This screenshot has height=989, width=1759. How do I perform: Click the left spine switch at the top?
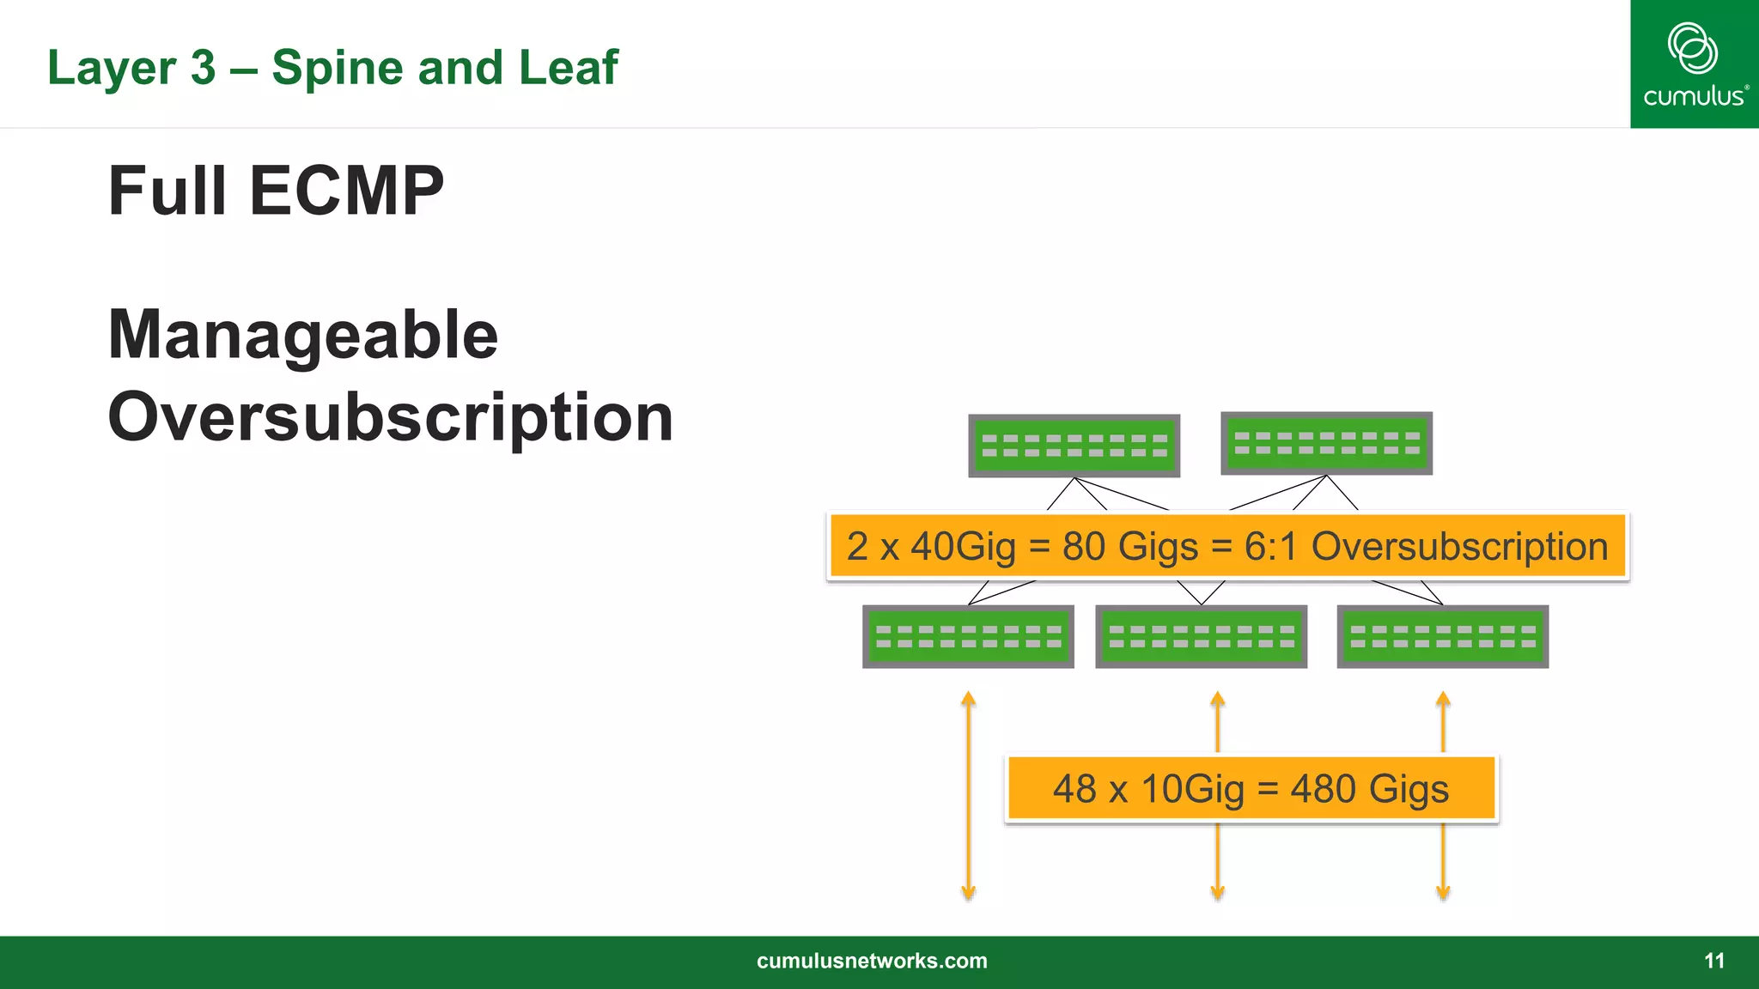1074,446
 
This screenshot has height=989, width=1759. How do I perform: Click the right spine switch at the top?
1326,443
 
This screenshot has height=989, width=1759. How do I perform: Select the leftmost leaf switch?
968,636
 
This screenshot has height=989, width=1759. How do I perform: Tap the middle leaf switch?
1201,636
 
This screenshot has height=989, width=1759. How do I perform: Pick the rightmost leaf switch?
1442,636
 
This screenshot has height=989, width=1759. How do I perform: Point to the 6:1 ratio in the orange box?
1270,547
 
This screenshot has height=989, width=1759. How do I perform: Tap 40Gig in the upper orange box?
963,547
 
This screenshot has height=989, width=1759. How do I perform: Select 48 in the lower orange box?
1074,789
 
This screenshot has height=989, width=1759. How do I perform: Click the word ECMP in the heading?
346,191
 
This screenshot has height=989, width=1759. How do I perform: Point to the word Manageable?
302,335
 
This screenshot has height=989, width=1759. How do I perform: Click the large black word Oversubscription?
390,417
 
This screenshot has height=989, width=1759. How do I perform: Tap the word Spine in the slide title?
338,68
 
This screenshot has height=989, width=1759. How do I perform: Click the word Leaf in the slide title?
568,68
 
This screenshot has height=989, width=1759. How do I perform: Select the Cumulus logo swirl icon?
1692,47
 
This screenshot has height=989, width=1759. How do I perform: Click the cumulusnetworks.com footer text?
872,961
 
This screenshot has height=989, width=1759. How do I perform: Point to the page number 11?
1713,961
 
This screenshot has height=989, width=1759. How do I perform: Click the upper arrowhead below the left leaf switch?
968,699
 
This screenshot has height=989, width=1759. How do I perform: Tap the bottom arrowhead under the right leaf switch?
1443,893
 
